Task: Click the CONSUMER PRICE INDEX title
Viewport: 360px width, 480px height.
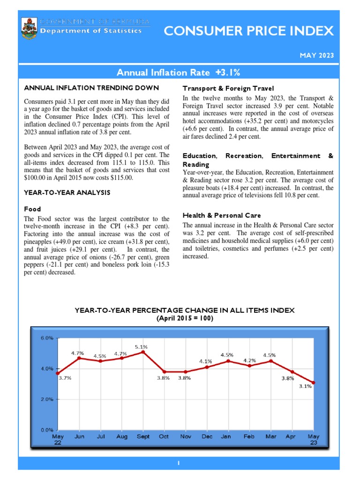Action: [x=248, y=31]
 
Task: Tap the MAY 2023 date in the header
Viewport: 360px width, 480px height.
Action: [x=317, y=55]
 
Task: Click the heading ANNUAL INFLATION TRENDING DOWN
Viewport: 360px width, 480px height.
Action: [x=91, y=88]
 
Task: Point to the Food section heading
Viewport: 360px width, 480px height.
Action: [x=32, y=209]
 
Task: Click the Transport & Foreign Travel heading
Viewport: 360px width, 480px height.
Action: [x=228, y=88]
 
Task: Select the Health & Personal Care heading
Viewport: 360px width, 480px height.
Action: [x=222, y=216]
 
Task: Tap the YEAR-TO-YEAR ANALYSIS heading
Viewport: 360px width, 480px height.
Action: [x=67, y=192]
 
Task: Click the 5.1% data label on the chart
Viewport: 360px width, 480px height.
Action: [x=141, y=347]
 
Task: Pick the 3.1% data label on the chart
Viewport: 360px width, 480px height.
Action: [x=305, y=386]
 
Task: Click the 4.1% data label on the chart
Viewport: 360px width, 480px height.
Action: [x=205, y=361]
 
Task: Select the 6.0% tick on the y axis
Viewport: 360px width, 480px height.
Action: [x=47, y=338]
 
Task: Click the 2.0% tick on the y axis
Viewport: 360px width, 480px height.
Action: [x=47, y=399]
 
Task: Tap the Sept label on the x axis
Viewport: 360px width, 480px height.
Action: [x=143, y=436]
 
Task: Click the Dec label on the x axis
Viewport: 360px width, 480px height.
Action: [x=207, y=436]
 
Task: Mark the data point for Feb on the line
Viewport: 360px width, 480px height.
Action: [x=249, y=366]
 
